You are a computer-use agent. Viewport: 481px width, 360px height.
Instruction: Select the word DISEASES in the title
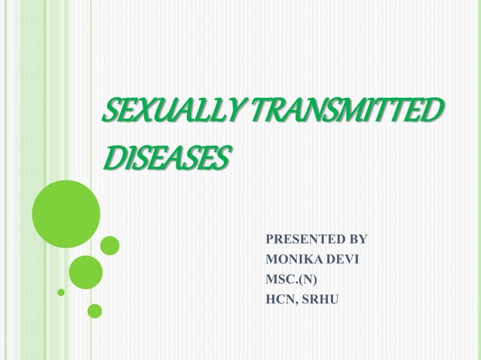[x=164, y=158]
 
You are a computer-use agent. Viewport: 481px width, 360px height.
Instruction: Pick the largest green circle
[x=66, y=213]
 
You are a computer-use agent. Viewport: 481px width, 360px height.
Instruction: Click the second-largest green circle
[x=85, y=272]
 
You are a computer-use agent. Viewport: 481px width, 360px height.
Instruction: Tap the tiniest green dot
[x=61, y=291]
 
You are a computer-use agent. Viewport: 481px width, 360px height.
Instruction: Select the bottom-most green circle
[x=94, y=310]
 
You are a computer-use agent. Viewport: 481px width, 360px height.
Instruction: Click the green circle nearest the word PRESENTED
[x=110, y=246]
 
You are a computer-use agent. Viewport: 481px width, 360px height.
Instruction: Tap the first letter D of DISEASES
[x=111, y=158]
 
